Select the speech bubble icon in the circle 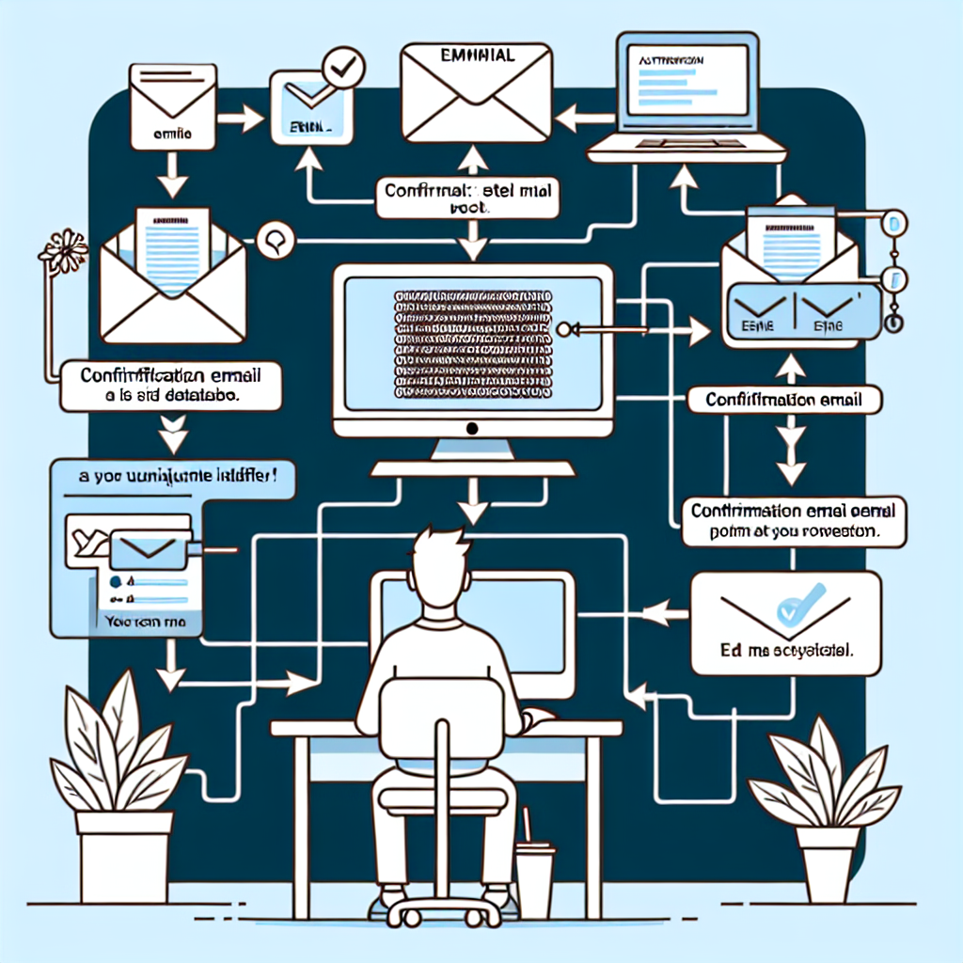click(276, 240)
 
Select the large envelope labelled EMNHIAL click(474, 93)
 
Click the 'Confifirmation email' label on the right click(786, 399)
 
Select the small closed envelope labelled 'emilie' click(175, 104)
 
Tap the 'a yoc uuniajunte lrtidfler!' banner click(175, 477)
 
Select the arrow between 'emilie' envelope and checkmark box click(246, 118)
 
